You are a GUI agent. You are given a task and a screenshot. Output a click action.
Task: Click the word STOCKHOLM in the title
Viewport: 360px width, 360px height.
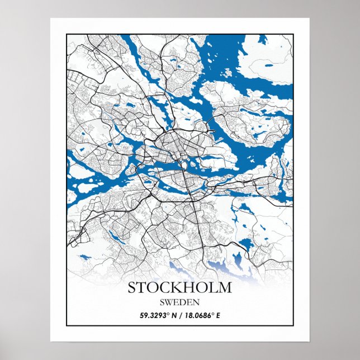pos(179,288)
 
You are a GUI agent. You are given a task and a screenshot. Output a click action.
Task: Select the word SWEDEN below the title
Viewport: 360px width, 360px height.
pos(179,302)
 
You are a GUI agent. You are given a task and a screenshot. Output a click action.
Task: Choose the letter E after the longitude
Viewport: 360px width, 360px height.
pos(218,316)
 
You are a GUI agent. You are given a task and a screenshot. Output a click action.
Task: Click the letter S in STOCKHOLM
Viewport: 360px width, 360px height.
pos(132,288)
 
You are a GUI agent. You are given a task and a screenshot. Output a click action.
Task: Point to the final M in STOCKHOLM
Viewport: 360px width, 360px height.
pos(225,288)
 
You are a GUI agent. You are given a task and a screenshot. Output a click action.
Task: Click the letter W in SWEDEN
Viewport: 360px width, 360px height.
pos(169,302)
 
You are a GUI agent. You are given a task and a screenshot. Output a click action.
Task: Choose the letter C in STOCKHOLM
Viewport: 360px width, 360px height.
pos(166,288)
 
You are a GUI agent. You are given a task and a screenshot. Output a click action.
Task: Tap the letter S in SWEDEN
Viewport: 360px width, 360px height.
pos(162,302)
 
